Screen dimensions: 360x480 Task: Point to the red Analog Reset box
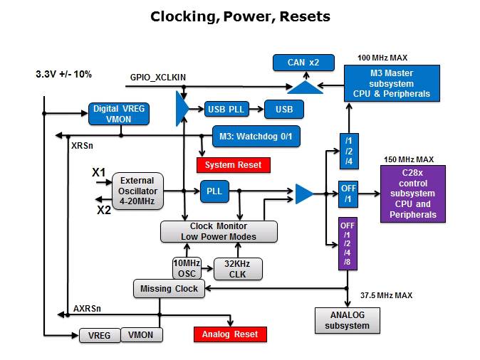[230, 334]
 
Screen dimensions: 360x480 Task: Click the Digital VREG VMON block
[119, 115]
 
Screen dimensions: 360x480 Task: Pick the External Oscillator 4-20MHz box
[137, 191]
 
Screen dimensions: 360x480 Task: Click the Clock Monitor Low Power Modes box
[218, 231]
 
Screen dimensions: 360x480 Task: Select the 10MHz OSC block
[187, 268]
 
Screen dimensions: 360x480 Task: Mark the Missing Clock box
[169, 288]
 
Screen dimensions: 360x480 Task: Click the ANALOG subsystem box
[348, 319]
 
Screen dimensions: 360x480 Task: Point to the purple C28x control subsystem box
[413, 193]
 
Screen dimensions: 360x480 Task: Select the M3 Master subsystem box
[392, 83]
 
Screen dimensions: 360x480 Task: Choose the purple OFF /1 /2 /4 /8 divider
[348, 244]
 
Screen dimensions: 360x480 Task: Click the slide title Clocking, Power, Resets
[240, 16]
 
